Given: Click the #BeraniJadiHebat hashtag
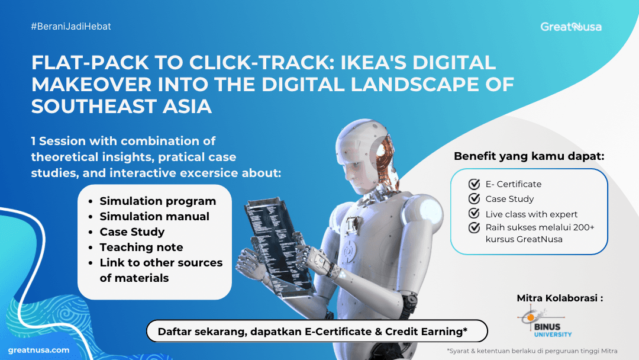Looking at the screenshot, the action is coord(71,27).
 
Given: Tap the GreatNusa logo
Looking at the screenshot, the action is coord(570,27).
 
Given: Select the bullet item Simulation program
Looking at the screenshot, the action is coord(158,201).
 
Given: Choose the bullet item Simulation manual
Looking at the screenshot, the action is coord(154,217).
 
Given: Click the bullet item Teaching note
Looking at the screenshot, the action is coord(141,247).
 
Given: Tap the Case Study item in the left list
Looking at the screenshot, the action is coord(132,232).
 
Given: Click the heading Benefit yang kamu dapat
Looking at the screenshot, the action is coord(529,156).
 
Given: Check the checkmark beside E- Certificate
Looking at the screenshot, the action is coord(474,184).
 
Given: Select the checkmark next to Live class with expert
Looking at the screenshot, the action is coord(474,213).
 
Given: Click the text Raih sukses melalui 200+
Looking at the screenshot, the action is coord(540,227).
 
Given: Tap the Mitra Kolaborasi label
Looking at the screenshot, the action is coord(560,298).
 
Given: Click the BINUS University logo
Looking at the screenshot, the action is coord(545,322).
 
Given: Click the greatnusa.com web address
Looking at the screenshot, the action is coord(38,350).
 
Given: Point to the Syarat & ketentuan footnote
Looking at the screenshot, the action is coord(532,351).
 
